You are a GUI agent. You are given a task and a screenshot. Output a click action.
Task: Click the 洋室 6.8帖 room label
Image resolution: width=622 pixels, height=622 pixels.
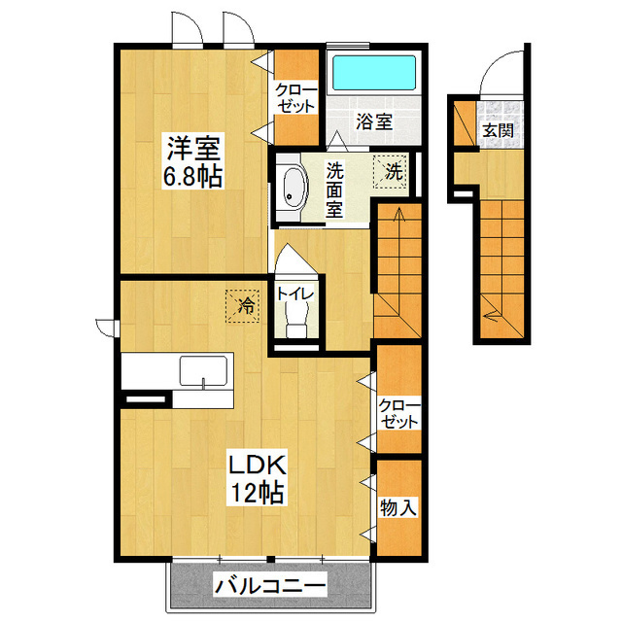(194, 162)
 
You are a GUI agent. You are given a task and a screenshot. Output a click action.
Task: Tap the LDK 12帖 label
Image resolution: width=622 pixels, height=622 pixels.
(256, 478)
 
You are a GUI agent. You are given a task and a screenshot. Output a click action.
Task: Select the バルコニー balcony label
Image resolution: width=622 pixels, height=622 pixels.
(270, 586)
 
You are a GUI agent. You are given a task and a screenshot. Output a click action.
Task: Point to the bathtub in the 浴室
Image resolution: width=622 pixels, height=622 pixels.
(374, 74)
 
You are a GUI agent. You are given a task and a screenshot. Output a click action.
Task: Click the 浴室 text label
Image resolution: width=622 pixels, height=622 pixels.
(373, 122)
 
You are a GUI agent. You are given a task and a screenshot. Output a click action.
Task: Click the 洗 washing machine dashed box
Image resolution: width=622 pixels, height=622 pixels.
(394, 172)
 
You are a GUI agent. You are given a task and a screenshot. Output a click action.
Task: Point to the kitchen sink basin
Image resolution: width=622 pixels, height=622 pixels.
(202, 370)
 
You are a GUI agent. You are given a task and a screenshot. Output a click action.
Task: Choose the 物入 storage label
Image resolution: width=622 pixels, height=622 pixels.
(398, 506)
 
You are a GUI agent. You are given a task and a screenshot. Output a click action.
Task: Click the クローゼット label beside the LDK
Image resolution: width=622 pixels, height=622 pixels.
(398, 413)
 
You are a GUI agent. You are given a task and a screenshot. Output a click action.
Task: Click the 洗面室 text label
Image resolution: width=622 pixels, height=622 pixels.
(335, 188)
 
